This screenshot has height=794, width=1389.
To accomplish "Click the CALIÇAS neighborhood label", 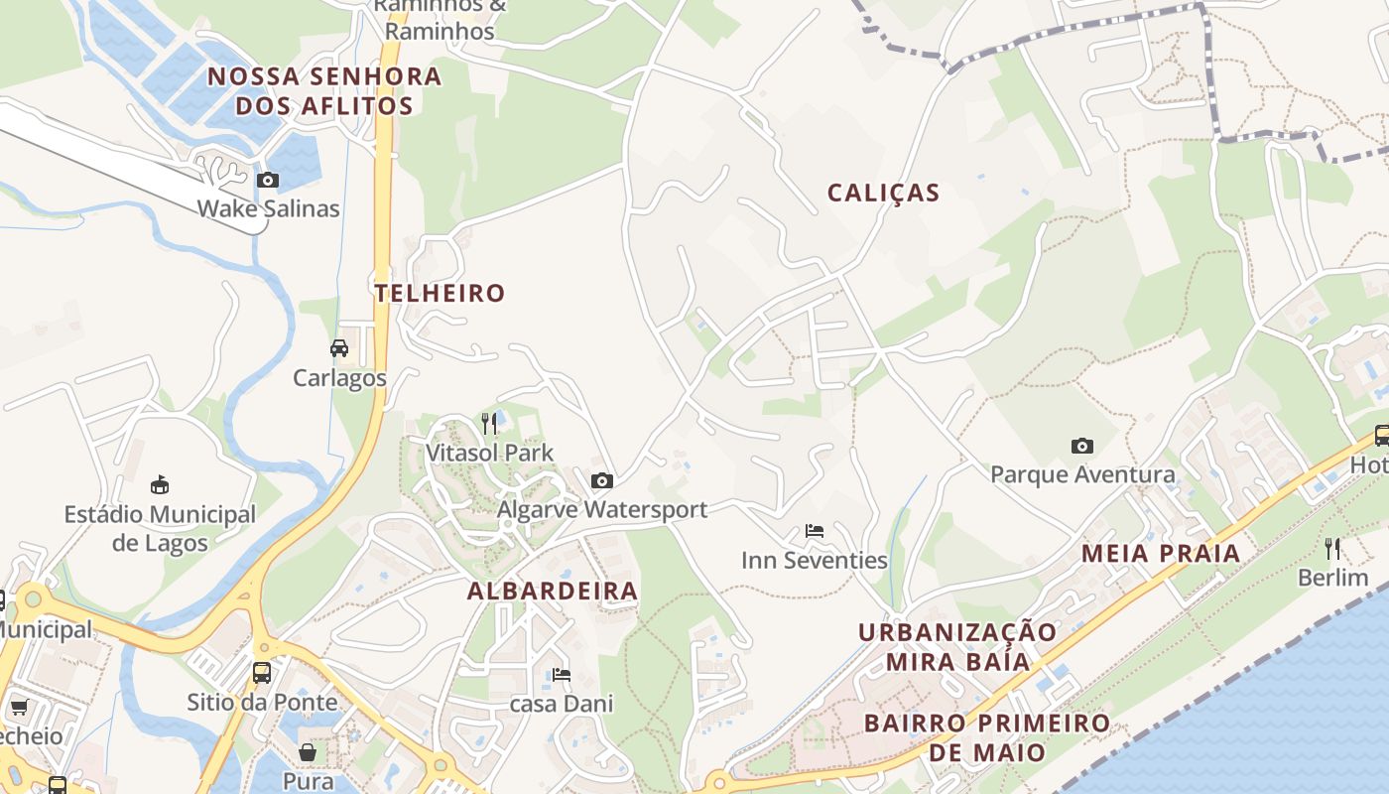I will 883,193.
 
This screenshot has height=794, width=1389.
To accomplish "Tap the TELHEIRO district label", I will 440,293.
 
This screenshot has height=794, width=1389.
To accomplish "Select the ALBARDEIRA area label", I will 553,592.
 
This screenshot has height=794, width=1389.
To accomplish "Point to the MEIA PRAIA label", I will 1161,554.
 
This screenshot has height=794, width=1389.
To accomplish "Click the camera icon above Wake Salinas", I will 268,181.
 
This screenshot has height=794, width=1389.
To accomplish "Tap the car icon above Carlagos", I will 339,348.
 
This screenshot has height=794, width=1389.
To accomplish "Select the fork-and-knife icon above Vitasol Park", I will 489,424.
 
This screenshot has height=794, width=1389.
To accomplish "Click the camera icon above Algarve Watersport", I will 601,481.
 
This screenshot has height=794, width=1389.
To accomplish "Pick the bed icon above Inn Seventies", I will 815,531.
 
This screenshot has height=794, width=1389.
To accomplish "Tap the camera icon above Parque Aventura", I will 1082,446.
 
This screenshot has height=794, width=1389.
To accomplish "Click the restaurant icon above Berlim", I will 1332,548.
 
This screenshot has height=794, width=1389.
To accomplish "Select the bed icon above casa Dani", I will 562,675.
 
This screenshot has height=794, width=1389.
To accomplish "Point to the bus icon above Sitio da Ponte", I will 262,672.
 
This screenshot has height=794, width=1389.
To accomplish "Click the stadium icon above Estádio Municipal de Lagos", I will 160,485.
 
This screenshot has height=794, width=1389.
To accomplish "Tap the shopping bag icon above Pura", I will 308,751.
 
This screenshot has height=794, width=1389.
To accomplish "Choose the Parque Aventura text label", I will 1082,474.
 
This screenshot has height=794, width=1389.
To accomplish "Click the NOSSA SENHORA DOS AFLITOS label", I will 323,91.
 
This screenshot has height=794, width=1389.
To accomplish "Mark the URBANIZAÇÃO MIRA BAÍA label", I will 957,647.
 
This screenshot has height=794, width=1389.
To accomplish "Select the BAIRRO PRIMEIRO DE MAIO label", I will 986,737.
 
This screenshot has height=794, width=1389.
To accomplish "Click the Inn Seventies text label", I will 815,561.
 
